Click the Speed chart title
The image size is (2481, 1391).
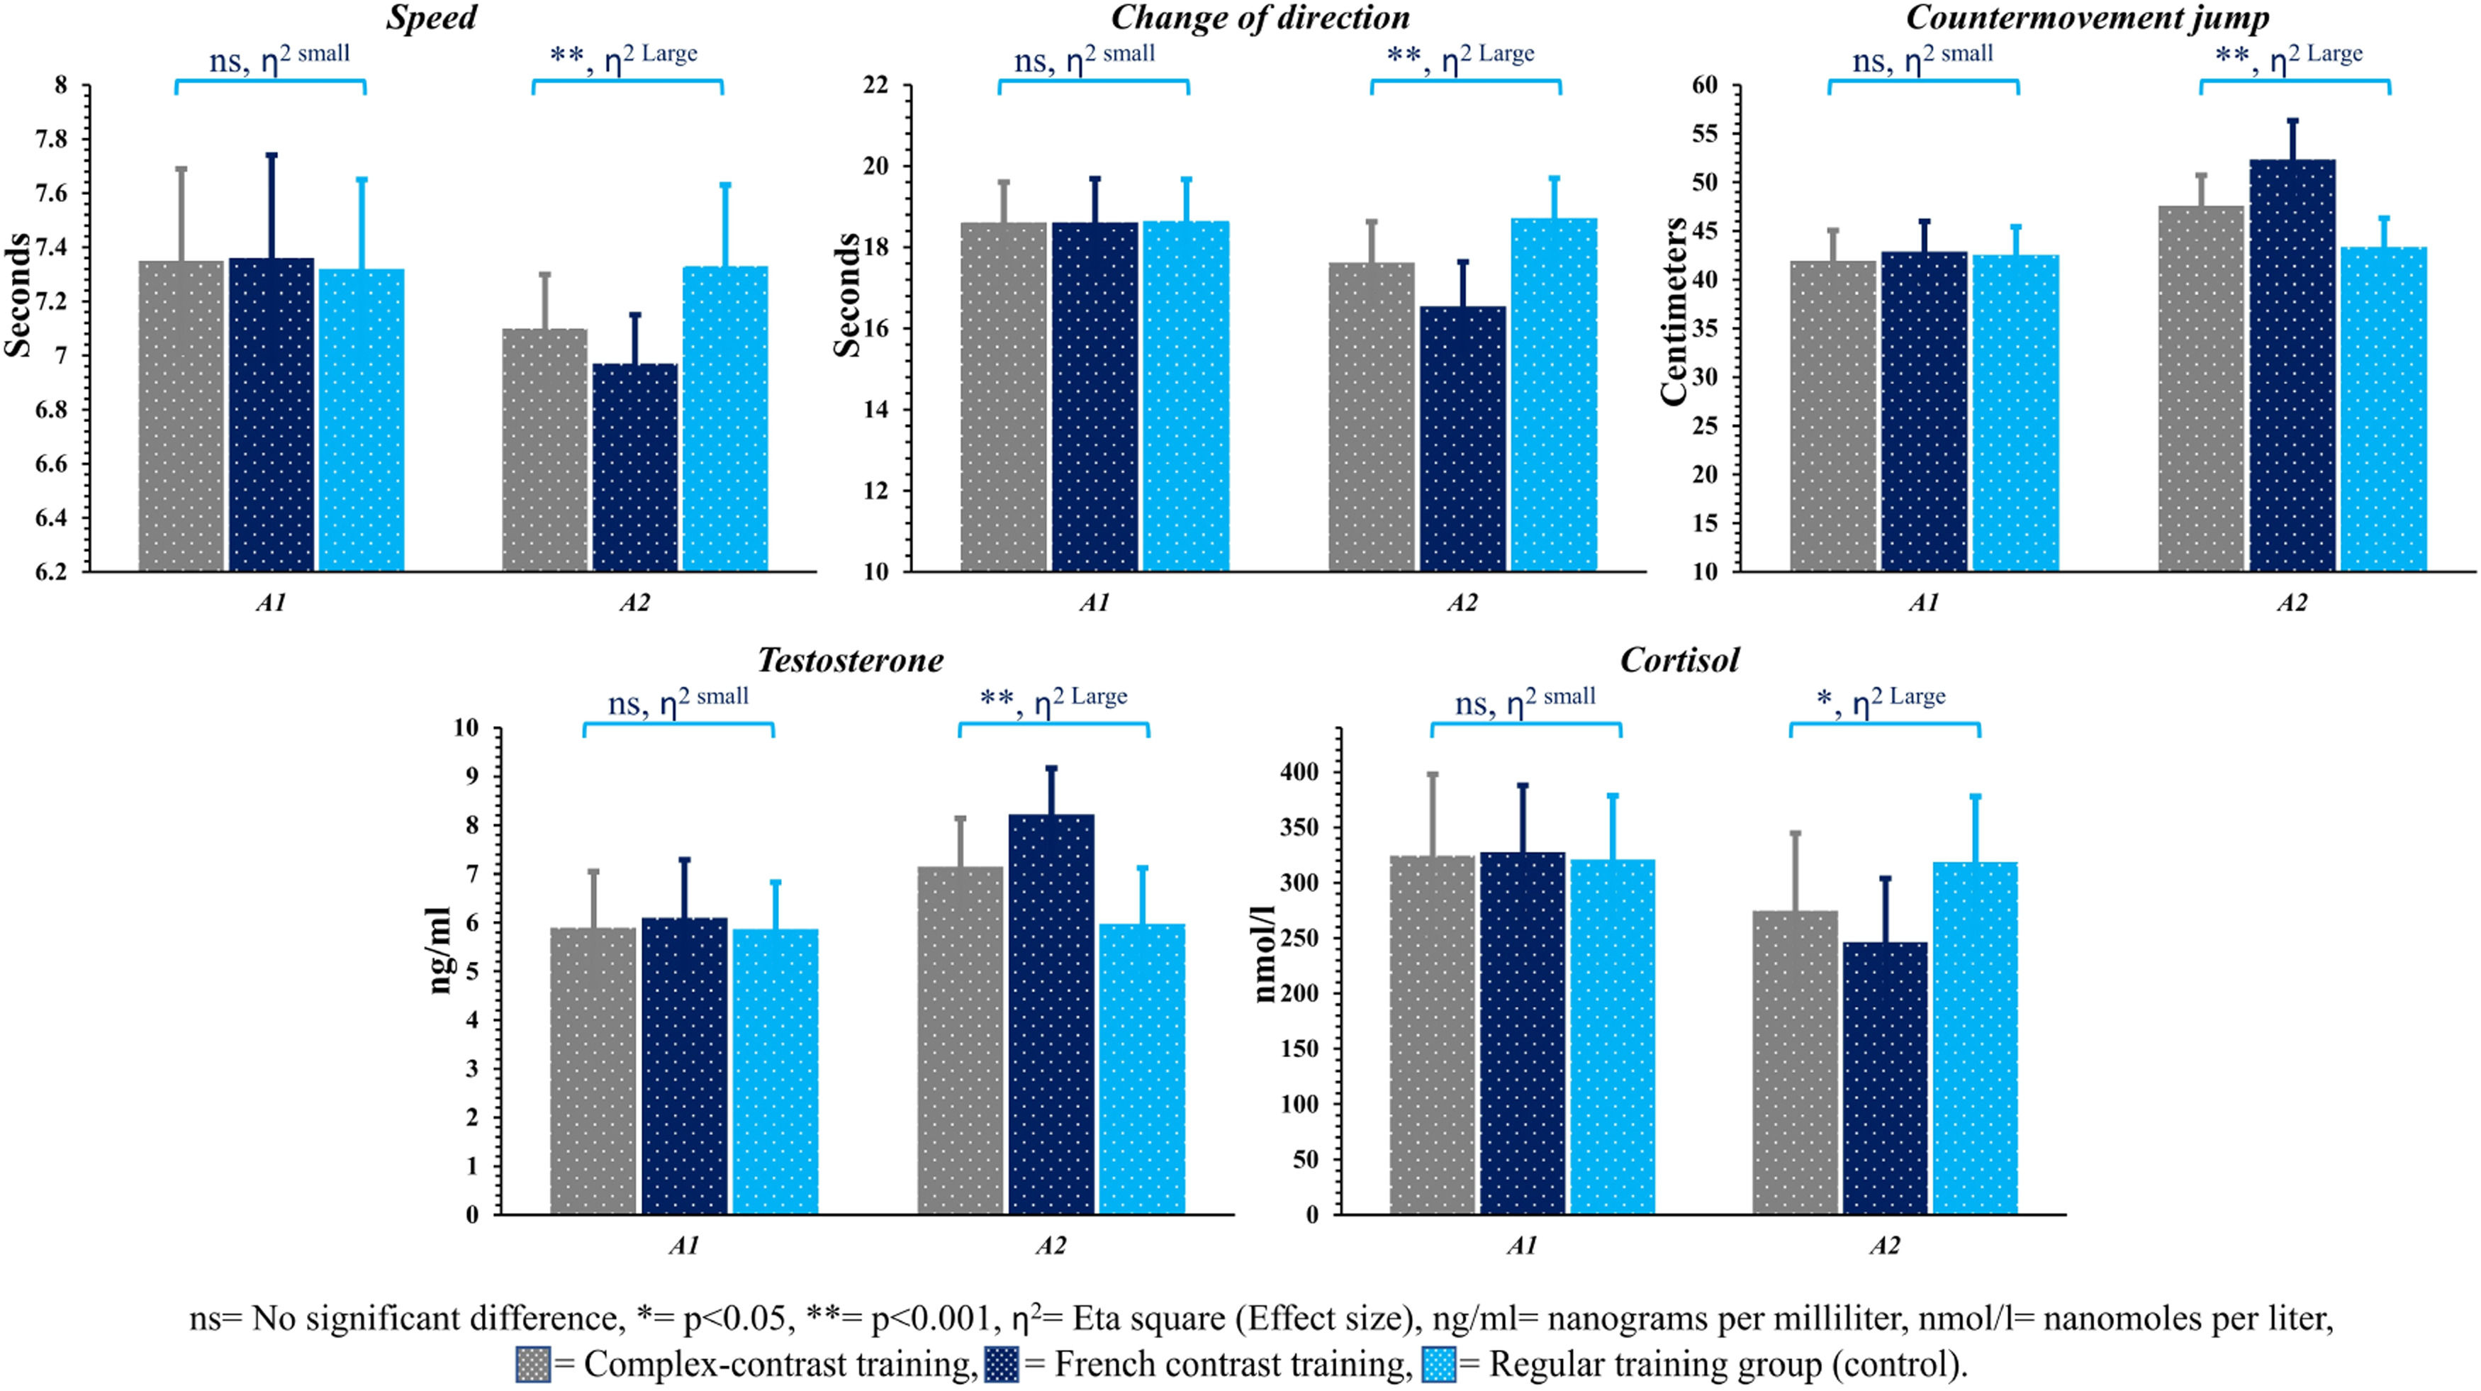coord(432,18)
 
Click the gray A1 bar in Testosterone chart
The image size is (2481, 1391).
coord(593,1069)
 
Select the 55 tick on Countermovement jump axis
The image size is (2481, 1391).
coord(1704,134)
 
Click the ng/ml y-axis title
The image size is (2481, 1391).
coord(439,950)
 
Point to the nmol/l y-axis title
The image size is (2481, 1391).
coord(1265,954)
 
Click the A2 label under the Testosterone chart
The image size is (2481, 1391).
coord(1050,1246)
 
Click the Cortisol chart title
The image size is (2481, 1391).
coord(1680,661)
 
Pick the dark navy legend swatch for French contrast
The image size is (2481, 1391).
coord(1002,1364)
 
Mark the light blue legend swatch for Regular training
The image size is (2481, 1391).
coord(1438,1364)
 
